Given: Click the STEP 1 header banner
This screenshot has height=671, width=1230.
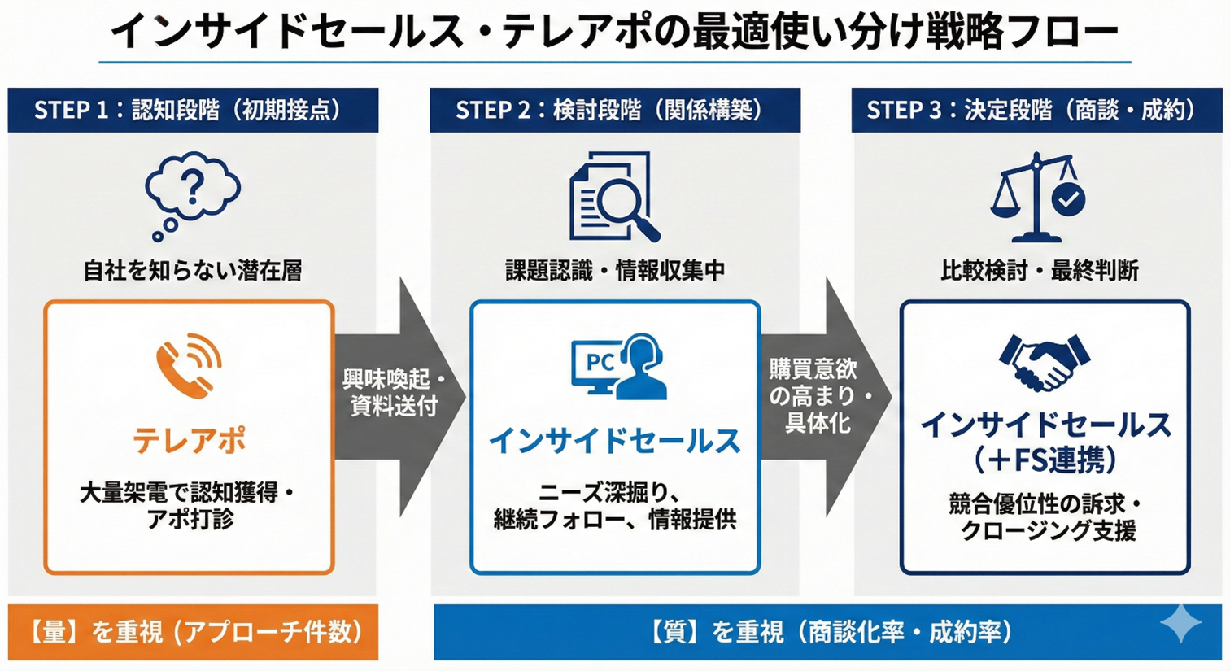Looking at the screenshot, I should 193,110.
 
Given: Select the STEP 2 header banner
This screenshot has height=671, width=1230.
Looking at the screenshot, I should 614,110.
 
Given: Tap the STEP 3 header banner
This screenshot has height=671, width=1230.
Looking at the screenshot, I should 1036,110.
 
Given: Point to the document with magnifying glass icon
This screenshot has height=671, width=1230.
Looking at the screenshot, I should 613,197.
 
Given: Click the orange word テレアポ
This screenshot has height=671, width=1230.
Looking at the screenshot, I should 190,440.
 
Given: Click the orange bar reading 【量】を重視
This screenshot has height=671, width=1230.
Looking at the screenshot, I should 193,632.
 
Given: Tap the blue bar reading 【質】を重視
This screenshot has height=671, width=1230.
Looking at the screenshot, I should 827,632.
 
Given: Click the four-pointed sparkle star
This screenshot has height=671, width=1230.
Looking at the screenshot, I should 1180,624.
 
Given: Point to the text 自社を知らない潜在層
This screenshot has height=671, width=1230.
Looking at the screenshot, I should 193,270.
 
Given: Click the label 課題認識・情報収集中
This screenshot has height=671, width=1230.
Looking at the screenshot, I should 615,270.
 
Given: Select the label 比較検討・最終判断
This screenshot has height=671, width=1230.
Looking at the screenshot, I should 1039,270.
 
